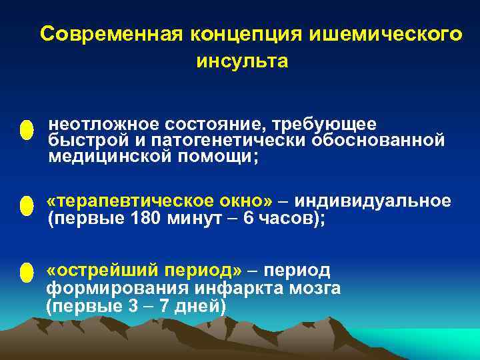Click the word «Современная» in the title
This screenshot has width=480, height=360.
pyautogui.click(x=111, y=35)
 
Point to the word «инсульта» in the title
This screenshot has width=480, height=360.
pyautogui.click(x=242, y=62)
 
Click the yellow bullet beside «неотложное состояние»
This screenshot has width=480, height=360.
pyautogui.click(x=26, y=130)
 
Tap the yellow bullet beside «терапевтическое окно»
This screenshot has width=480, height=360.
pyautogui.click(x=26, y=206)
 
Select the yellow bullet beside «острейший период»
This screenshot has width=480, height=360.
pyautogui.click(x=26, y=273)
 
